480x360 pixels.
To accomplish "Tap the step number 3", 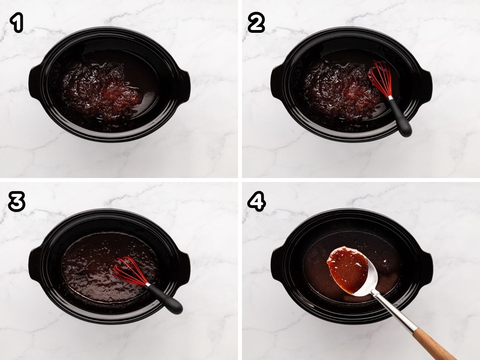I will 16,202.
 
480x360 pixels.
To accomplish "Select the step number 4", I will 256,202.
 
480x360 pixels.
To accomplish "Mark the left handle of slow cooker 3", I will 35,262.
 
